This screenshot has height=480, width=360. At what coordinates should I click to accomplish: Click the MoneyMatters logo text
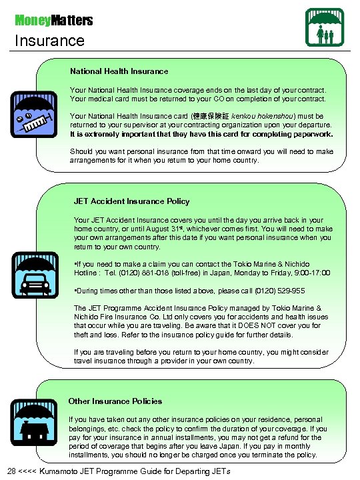click(x=54, y=21)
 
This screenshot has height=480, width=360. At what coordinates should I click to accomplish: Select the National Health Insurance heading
click(x=119, y=71)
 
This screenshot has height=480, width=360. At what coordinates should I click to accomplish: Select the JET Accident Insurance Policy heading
click(x=131, y=201)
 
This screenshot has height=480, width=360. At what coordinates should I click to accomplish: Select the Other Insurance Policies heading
click(x=115, y=401)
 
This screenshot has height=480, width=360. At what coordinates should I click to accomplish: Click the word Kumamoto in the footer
click(x=63, y=472)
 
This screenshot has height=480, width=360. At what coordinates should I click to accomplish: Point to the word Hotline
click(x=88, y=273)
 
